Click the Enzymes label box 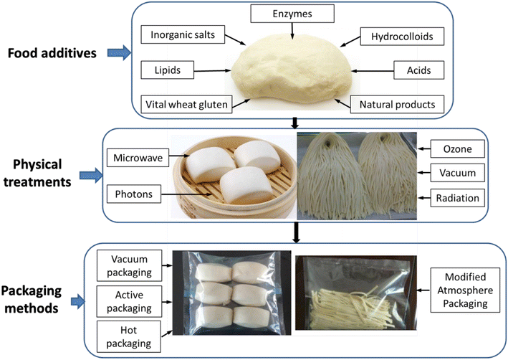(x=292, y=13)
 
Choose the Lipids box (x=166, y=70)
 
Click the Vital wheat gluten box (x=186, y=105)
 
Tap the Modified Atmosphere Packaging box (x=461, y=288)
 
